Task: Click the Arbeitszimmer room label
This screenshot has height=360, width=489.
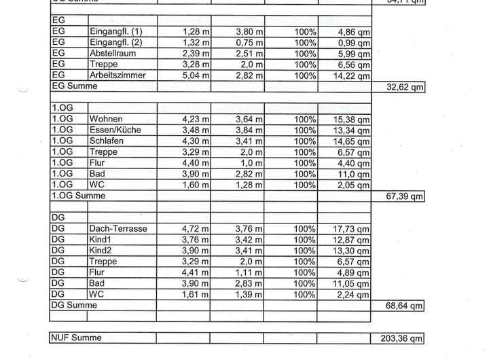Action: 117,75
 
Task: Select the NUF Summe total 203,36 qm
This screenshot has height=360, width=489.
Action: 401,338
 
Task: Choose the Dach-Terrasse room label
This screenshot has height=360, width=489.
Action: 118,229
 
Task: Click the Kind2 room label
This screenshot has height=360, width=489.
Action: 102,251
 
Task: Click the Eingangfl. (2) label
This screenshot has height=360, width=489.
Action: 115,43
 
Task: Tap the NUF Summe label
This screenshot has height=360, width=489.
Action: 77,338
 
